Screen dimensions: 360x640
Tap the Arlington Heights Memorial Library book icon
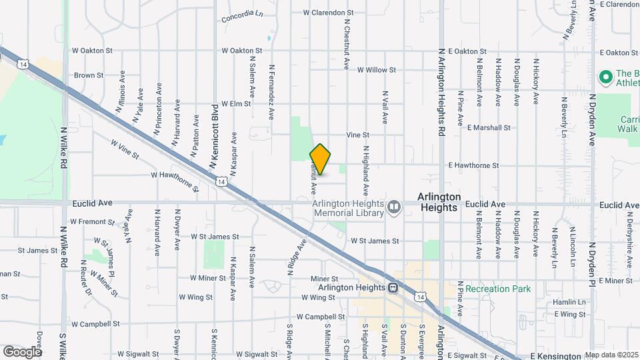coord(395,208)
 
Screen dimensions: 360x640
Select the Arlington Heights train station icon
coord(395,287)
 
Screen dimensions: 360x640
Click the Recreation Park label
coord(497,289)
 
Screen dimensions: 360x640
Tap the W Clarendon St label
coord(327,13)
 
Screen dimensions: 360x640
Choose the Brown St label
coord(89,76)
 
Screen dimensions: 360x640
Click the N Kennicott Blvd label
coord(214,136)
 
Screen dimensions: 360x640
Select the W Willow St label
coord(377,69)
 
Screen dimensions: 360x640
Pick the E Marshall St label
coord(489,127)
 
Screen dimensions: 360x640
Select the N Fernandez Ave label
coord(271,92)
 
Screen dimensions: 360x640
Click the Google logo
coord(22,351)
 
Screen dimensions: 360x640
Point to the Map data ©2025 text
coord(611,355)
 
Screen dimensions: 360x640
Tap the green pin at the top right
coord(606,77)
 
